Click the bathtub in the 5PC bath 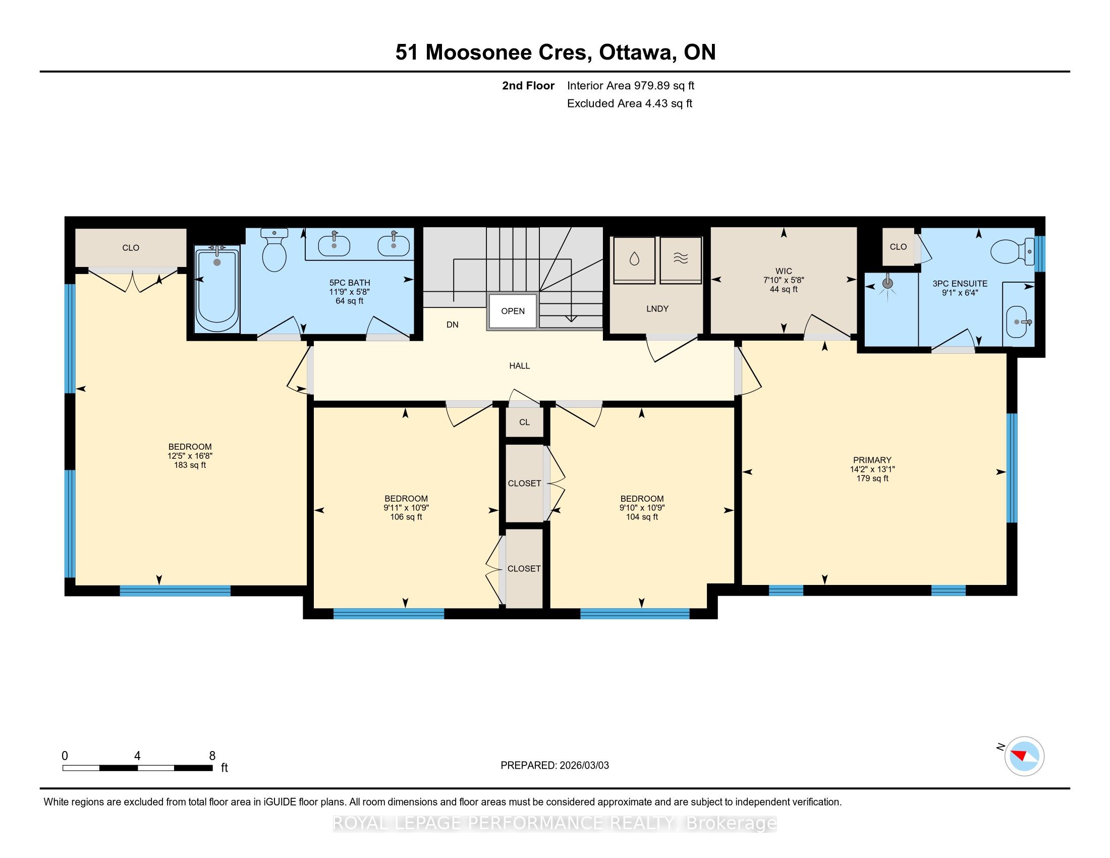[x=217, y=288]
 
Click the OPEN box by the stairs [x=513, y=311]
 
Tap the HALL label [x=519, y=365]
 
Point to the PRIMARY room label [x=872, y=460]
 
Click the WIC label [x=784, y=271]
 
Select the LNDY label [x=657, y=308]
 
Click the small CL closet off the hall [x=525, y=422]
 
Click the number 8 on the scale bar [x=212, y=756]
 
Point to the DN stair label [x=453, y=325]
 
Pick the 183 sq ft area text [x=190, y=465]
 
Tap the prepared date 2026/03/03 [x=584, y=766]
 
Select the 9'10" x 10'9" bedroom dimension [x=642, y=508]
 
